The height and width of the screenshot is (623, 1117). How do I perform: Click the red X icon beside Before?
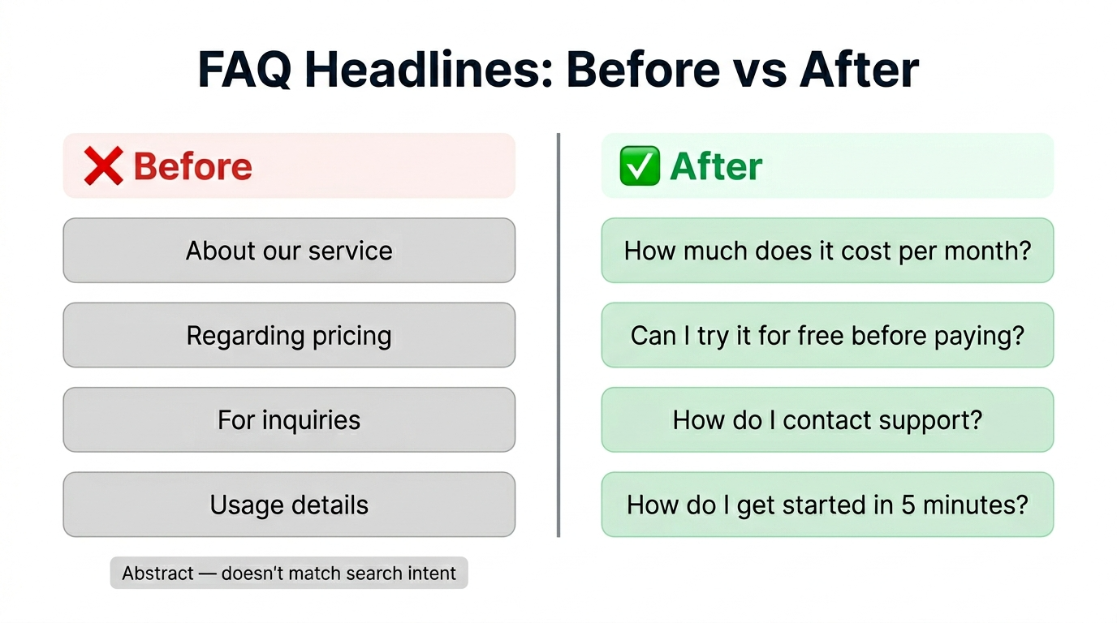[103, 166]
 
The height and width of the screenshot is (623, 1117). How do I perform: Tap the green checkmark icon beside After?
[640, 166]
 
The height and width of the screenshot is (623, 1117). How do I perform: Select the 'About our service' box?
[289, 251]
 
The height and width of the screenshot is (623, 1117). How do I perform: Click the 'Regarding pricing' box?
[289, 335]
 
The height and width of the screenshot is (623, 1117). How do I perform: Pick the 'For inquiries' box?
[289, 420]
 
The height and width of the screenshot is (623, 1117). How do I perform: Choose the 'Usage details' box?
[289, 505]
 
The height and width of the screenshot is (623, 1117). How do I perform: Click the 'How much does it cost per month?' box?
[827, 251]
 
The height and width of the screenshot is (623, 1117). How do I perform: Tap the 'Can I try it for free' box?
[827, 335]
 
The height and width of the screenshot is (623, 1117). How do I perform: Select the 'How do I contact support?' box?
[827, 420]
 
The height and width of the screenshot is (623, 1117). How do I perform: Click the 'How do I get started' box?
[827, 505]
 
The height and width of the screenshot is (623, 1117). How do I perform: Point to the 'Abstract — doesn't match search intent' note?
[289, 574]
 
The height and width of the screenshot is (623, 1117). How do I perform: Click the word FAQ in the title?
[246, 71]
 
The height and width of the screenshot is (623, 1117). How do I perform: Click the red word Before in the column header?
[192, 166]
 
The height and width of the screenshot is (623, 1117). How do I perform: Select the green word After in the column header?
[716, 166]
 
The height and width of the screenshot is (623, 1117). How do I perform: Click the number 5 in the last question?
[909, 505]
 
